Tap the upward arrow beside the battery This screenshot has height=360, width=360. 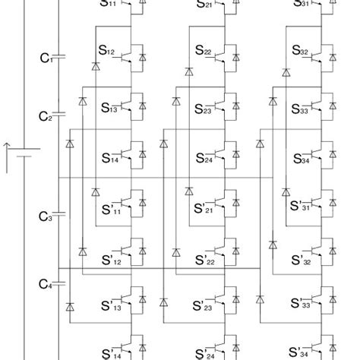(x=7, y=156)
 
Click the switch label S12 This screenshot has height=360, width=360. (x=107, y=52)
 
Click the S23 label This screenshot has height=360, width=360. (x=204, y=109)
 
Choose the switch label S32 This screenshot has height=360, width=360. (x=302, y=52)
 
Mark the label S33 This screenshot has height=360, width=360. (x=302, y=109)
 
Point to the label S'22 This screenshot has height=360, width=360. (x=205, y=260)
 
